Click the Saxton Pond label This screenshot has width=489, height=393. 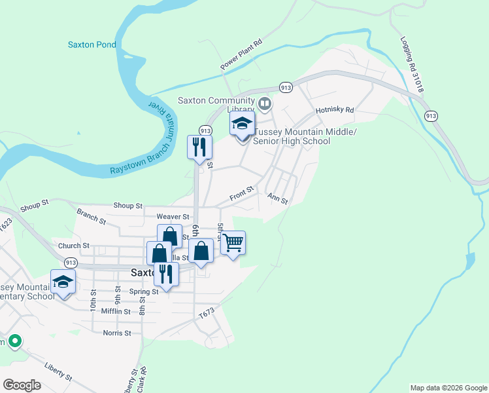(x=92, y=45)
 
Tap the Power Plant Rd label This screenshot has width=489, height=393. (x=241, y=54)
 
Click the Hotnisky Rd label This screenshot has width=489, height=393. (x=334, y=110)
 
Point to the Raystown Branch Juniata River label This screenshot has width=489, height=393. (x=144, y=141)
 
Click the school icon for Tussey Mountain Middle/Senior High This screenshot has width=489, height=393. (x=242, y=124)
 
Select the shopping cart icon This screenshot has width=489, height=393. (x=233, y=244)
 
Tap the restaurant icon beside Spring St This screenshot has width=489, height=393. (x=166, y=274)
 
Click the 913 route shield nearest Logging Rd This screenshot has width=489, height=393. (x=430, y=116)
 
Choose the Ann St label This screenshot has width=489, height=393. (x=277, y=198)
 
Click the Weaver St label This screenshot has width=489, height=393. (x=173, y=216)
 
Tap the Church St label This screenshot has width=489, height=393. (x=73, y=246)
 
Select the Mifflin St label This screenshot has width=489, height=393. (x=117, y=311)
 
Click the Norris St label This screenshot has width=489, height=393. (x=117, y=333)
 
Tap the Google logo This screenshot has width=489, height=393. (x=22, y=385)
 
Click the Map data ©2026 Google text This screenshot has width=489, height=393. (x=448, y=388)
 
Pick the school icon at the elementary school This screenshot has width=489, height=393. (x=63, y=282)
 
